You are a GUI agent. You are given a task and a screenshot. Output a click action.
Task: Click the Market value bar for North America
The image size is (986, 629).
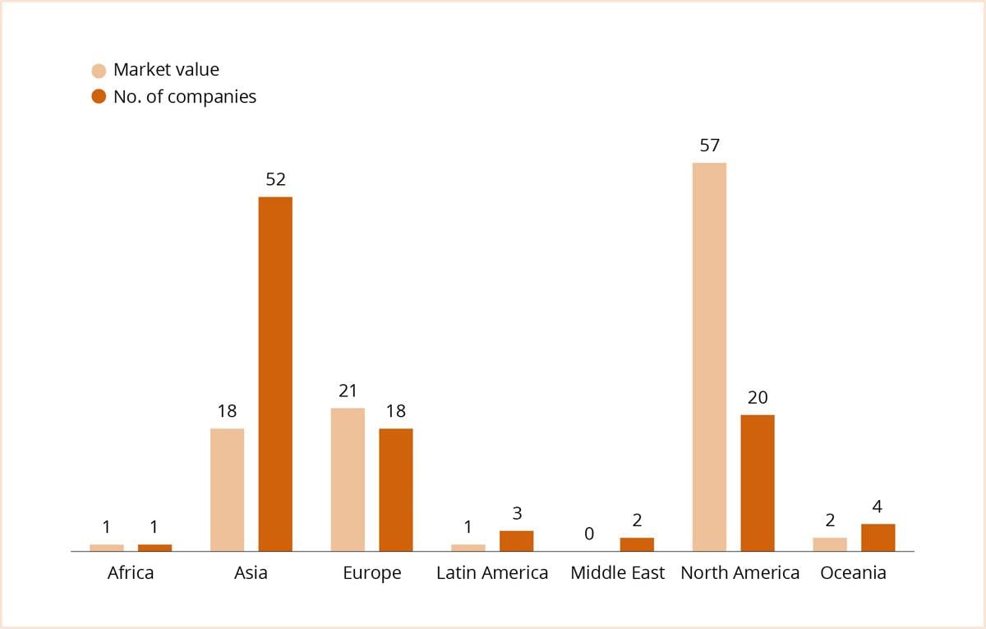pos(709,357)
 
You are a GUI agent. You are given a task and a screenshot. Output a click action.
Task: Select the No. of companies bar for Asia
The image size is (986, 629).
pos(275,373)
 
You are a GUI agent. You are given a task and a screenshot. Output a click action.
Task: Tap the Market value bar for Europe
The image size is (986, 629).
pos(348,479)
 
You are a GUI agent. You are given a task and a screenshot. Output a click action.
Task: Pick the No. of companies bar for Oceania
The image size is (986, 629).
pos(878,537)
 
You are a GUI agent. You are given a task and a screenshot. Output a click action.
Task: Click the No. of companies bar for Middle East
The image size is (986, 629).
pos(637,544)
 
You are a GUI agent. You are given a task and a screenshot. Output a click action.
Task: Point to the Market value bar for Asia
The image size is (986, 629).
pos(227,489)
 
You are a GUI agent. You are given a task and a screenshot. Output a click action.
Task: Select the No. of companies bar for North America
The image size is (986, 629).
pos(757,483)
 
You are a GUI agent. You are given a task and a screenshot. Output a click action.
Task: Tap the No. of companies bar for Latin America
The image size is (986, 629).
pos(516,540)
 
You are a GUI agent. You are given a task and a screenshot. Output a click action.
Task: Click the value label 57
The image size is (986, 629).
pos(709,146)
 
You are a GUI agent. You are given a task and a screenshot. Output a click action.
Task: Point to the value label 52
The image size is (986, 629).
pos(275,179)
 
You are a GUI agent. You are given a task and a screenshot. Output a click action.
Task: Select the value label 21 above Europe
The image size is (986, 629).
pos(348,391)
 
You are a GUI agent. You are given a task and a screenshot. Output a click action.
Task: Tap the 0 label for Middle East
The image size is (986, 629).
pos(588,534)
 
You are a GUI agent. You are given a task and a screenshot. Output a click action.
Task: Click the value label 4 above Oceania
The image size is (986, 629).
pos(878,506)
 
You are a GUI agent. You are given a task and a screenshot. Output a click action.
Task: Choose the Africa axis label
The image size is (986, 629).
pos(131,573)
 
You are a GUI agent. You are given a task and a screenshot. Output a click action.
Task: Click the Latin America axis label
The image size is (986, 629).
pos(492,573)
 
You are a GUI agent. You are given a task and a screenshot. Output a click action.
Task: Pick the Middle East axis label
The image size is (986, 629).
pos(617,573)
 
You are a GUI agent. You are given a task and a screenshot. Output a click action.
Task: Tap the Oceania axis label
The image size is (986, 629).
pos(853,573)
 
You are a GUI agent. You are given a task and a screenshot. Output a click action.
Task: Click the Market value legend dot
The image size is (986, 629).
pos(99,71)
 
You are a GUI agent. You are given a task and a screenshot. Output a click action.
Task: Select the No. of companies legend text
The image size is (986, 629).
pos(185,97)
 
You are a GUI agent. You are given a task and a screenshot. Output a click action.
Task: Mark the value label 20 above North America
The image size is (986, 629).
pos(757,397)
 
